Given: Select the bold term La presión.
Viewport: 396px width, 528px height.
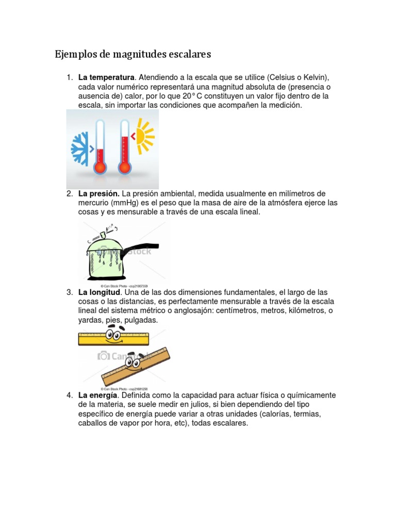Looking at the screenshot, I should [99, 193].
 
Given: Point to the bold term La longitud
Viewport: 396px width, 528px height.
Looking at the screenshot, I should [100, 292].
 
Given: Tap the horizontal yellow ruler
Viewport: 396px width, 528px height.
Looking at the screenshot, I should [113, 338].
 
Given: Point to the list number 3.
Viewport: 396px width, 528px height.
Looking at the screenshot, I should [69, 292].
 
